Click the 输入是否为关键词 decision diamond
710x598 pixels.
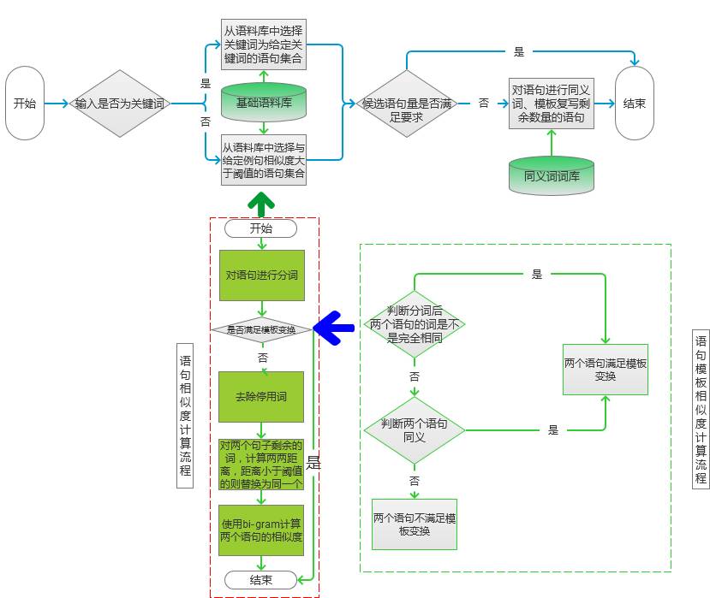[x=120, y=104]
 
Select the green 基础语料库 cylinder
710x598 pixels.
[x=263, y=102]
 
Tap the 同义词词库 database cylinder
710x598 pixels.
[x=551, y=175]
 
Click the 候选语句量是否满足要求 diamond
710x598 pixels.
[x=407, y=104]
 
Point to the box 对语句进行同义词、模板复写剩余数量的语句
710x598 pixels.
[x=551, y=104]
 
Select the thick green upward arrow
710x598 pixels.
[x=261, y=204]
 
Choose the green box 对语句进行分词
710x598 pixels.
[x=261, y=275]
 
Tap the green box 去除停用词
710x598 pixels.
[x=261, y=397]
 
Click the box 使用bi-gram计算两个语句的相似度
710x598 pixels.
[x=261, y=530]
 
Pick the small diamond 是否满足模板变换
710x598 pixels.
[x=261, y=329]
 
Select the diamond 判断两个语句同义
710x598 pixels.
[x=414, y=430]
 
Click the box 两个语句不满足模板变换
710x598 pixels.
[x=415, y=524]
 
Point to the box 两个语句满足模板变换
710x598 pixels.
[x=606, y=369]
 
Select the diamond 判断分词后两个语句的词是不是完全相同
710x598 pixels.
[x=415, y=325]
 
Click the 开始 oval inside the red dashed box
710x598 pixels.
[x=261, y=229]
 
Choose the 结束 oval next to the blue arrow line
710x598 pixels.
[x=635, y=104]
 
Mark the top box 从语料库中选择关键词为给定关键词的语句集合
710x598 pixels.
[x=263, y=44]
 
